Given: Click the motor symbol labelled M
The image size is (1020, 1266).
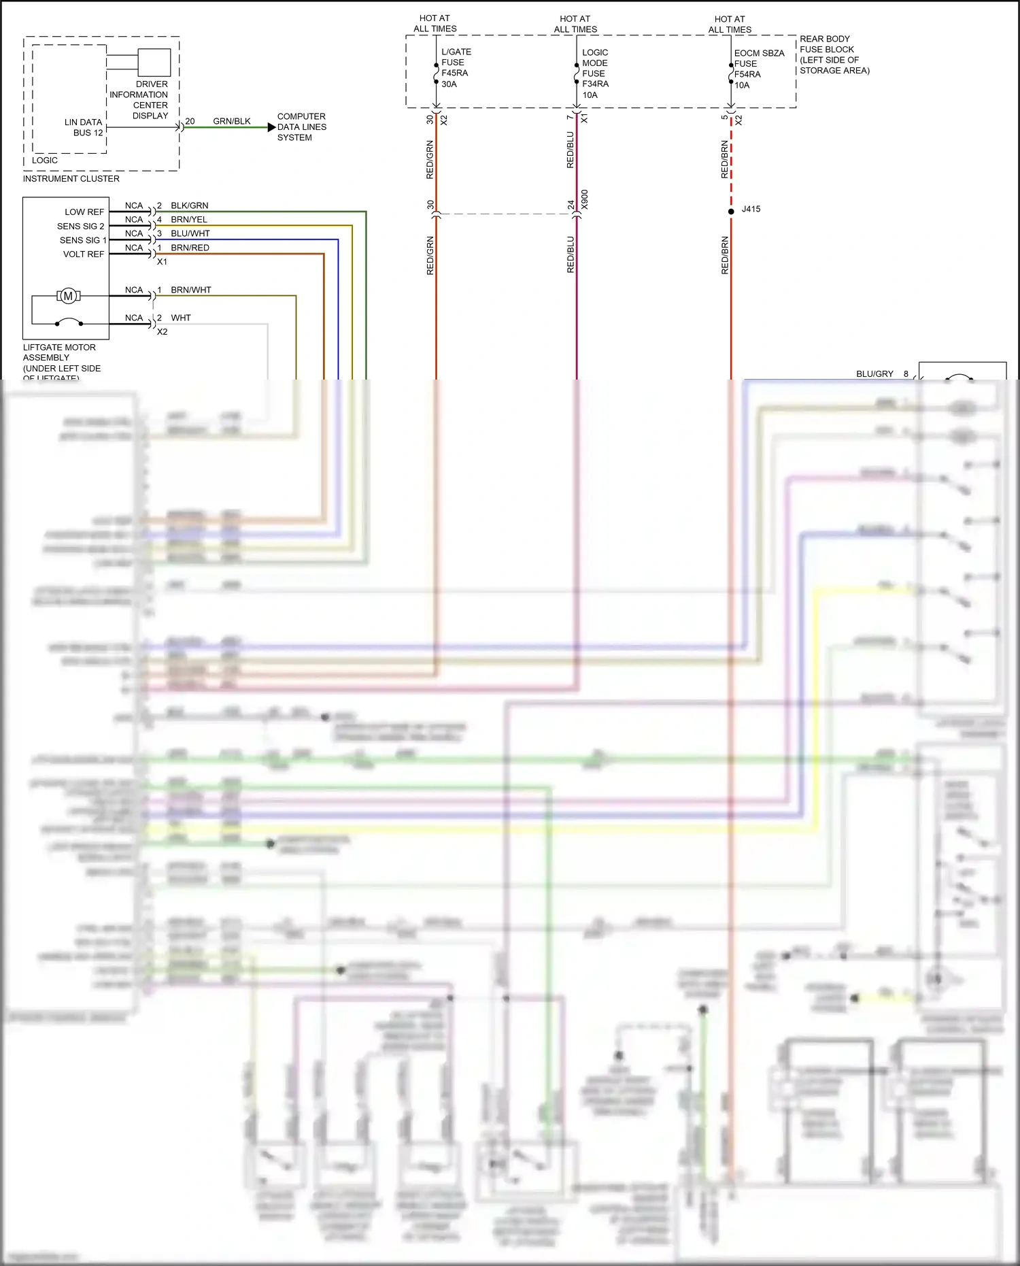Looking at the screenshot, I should pyautogui.click(x=68, y=296).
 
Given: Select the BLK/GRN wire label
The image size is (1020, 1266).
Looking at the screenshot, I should pyautogui.click(x=189, y=205).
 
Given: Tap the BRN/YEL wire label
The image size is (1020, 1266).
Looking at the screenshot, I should pyautogui.click(x=189, y=220).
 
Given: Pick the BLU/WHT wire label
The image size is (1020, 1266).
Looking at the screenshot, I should pyautogui.click(x=190, y=233).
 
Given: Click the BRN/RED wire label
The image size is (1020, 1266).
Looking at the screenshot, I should pyautogui.click(x=190, y=248).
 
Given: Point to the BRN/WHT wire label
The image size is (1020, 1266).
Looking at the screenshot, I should pyautogui.click(x=191, y=290).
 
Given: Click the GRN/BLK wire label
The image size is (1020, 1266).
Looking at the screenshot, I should pyautogui.click(x=231, y=121).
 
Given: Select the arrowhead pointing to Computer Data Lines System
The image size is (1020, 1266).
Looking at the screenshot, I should pyautogui.click(x=271, y=127).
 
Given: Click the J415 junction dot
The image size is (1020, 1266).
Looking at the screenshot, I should pyautogui.click(x=731, y=212).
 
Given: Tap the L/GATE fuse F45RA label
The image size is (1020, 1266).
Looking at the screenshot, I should pyautogui.click(x=455, y=67).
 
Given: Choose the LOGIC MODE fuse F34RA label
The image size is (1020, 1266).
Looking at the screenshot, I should pyautogui.click(x=595, y=73).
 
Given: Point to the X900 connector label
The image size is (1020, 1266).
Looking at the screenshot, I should pyautogui.click(x=585, y=199).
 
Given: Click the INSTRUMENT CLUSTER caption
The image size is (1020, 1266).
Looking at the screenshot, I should pyautogui.click(x=71, y=179).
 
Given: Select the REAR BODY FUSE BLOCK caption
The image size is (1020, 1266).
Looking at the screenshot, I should pyautogui.click(x=833, y=54).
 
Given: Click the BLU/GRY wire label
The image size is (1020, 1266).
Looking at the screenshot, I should pyautogui.click(x=874, y=374).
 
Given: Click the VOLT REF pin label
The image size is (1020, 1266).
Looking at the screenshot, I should pyautogui.click(x=83, y=254).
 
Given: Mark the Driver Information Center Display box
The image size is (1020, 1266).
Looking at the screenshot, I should pyautogui.click(x=154, y=63).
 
